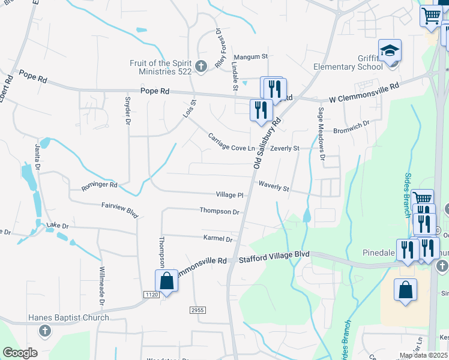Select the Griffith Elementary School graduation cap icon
[390, 50]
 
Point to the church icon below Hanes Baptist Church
[44, 331]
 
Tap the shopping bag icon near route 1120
[166, 281]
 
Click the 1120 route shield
[151, 294]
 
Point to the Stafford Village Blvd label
[274, 254]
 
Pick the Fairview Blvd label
[120, 209]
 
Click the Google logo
[20, 353]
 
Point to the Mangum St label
[250, 56]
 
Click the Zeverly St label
[285, 148]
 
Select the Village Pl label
[230, 195]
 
